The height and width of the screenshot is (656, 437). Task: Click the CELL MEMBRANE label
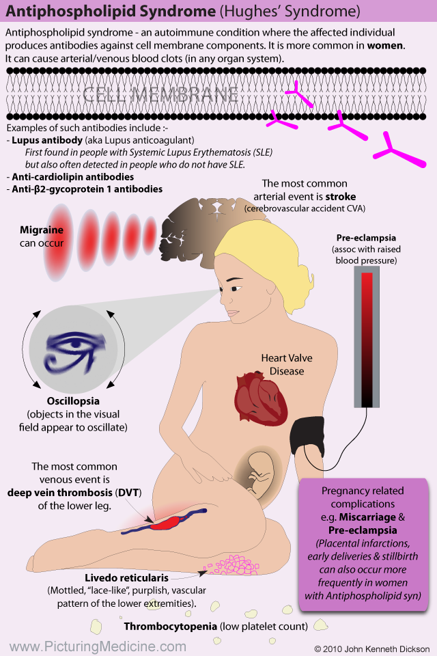(160, 95)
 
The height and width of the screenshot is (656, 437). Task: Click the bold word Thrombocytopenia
(175, 625)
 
